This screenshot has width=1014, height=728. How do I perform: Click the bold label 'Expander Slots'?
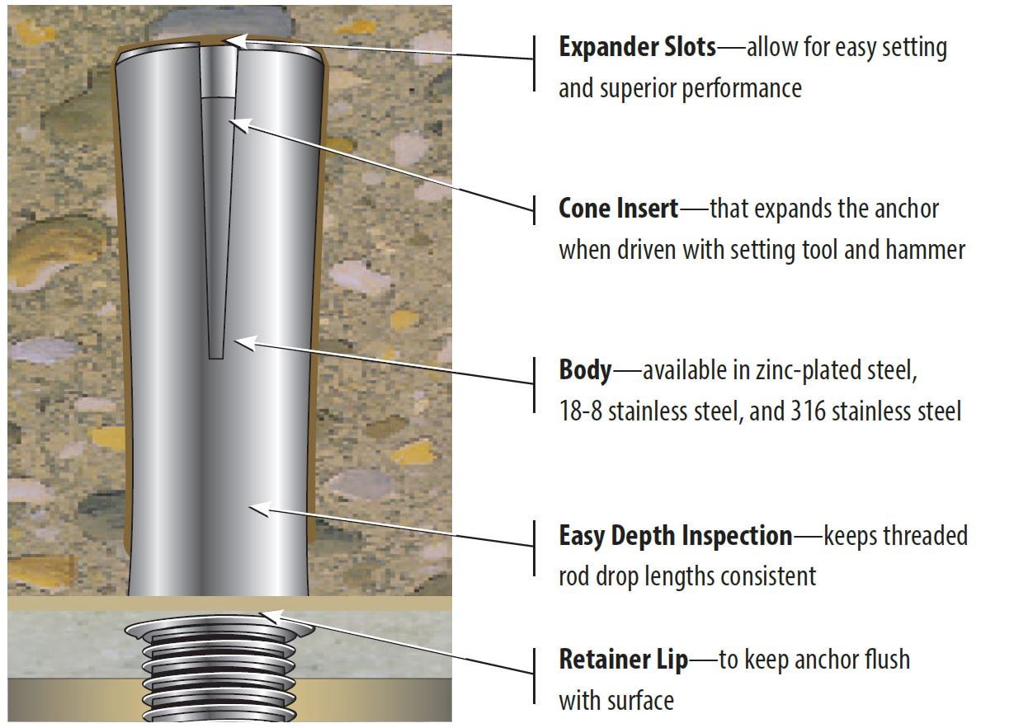tap(637, 47)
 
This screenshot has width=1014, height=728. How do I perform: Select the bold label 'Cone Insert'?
tap(618, 209)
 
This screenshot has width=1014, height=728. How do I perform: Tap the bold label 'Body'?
tap(585, 370)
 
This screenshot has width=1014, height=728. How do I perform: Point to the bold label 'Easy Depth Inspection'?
tap(675, 536)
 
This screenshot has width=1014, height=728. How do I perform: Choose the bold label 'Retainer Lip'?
tap(623, 660)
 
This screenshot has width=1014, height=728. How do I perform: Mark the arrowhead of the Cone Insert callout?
tap(238, 124)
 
